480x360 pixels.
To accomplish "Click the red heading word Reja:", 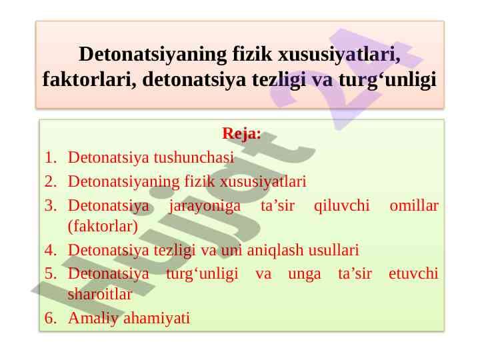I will point(241,133).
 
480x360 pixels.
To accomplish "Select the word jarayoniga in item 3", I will point(205,205).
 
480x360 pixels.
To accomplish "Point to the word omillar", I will point(414,205).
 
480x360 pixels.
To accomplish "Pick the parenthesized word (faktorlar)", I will point(103,226).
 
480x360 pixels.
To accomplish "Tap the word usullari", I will point(333,251).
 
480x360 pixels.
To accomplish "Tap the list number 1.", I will point(51,158).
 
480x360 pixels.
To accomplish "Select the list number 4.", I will point(51,251).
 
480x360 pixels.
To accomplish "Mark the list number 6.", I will point(51,318).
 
